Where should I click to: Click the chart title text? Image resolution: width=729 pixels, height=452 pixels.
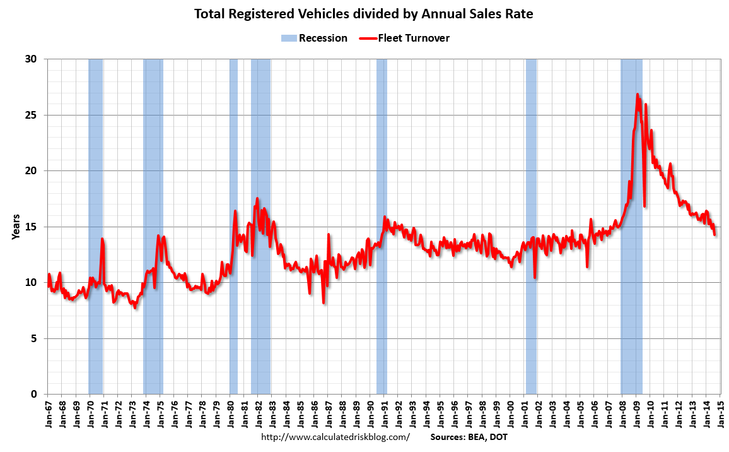pos(364,13)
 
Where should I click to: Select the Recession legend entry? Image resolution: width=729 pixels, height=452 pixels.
pos(315,38)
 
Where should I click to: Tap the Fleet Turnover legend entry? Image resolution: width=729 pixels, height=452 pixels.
pos(405,38)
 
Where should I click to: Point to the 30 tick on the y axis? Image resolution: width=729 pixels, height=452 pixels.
pos(32,59)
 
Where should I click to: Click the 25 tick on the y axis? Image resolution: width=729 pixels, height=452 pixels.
pos(32,115)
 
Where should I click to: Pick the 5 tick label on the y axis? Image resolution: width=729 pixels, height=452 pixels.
pos(34,338)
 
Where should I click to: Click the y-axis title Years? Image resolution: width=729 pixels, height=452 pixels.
pos(15,227)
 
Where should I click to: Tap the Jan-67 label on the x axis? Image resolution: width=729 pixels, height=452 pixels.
pos(49,414)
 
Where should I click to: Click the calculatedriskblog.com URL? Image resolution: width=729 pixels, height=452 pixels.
pos(335,437)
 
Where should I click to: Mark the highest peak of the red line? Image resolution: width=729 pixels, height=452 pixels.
pos(638,95)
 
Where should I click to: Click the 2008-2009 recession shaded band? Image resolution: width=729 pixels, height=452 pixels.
pos(631,253)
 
